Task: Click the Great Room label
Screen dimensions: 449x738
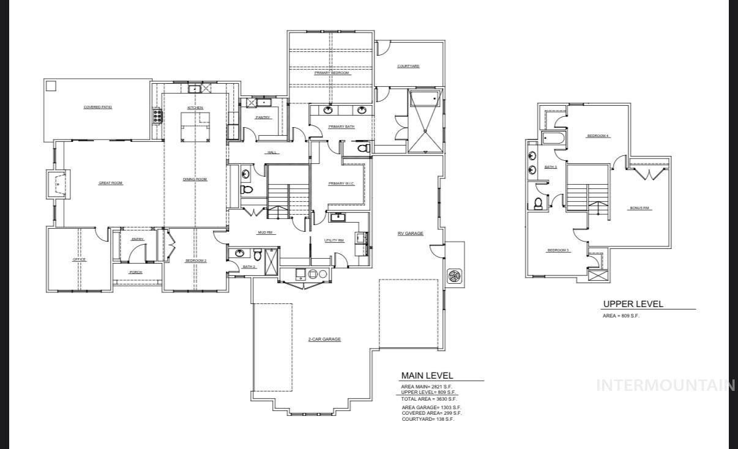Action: coord(111,183)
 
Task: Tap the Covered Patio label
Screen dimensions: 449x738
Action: coord(98,107)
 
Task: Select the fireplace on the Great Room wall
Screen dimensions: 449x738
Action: coord(57,183)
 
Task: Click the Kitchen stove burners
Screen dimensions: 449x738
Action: coord(157,116)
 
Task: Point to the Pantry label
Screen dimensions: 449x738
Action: coord(263,117)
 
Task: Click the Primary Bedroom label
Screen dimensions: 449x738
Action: coord(332,73)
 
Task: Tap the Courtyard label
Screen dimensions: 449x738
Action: coord(408,66)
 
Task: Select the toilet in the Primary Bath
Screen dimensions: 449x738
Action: coord(363,149)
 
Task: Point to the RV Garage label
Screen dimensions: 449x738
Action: coord(410,233)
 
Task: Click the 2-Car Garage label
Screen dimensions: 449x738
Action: coord(324,339)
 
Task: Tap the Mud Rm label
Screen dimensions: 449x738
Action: coord(265,232)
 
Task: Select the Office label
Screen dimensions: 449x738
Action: coord(80,259)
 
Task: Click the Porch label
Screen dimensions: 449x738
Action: coord(136,272)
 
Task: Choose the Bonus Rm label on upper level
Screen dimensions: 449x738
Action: coord(641,208)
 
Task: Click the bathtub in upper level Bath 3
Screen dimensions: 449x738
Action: coord(554,138)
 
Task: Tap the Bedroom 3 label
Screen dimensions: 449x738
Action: coord(559,250)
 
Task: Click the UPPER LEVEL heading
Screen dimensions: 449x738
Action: coord(633,304)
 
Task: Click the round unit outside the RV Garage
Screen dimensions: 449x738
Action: coord(455,276)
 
